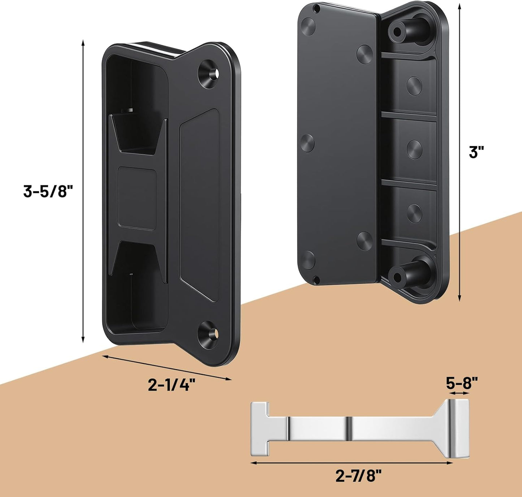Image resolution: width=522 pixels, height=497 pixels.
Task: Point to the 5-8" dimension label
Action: [462, 383]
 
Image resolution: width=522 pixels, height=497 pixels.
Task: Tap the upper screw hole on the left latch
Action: [209, 73]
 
